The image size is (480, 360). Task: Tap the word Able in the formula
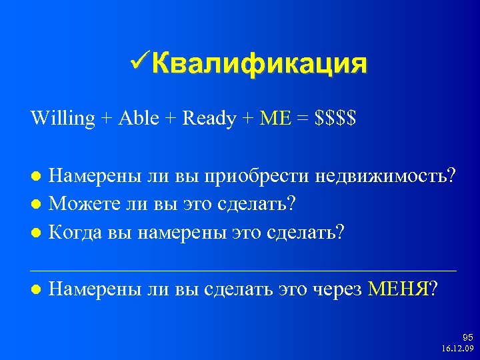point(140,119)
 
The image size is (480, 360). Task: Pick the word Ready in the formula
point(209,119)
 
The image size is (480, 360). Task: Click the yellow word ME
point(275,119)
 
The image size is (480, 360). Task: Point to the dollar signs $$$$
point(337,119)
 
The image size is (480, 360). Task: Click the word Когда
point(75,233)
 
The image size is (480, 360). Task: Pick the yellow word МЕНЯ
point(400,289)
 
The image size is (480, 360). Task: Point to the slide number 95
point(467,337)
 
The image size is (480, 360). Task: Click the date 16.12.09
point(457,349)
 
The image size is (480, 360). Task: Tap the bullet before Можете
point(37,202)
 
